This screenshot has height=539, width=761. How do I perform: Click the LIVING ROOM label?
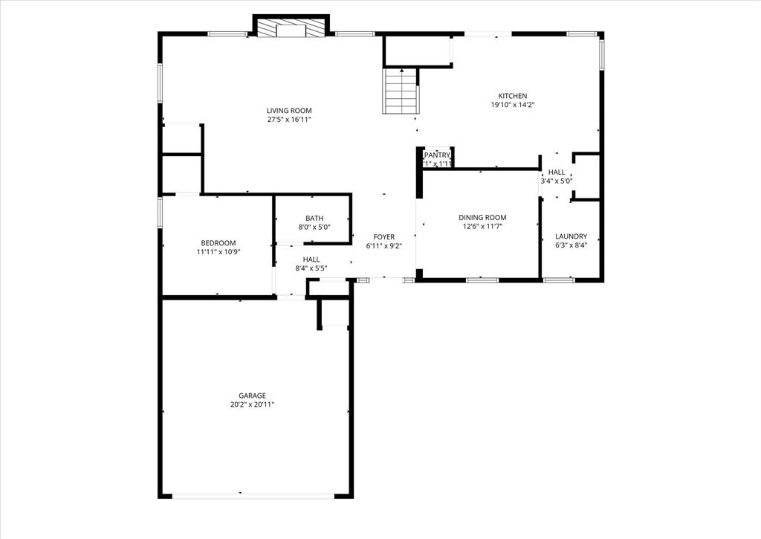click(289, 111)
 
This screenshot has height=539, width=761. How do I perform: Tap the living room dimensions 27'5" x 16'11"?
click(289, 119)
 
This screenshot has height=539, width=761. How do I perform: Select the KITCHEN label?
click(513, 96)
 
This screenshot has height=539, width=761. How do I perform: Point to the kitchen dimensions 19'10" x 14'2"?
click(513, 105)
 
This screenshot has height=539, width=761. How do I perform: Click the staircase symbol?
click(401, 91)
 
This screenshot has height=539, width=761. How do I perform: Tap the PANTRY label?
click(437, 155)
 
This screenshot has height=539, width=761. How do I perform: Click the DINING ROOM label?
click(482, 218)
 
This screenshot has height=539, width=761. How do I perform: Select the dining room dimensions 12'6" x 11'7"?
click(482, 226)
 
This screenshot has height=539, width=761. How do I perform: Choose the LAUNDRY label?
click(571, 236)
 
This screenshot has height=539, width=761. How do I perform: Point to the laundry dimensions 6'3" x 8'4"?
click(571, 245)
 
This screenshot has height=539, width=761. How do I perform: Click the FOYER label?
click(384, 236)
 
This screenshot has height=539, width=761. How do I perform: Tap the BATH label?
click(314, 219)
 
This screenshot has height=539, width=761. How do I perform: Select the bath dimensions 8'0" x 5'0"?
click(314, 227)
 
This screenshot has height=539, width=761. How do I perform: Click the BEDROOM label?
click(218, 243)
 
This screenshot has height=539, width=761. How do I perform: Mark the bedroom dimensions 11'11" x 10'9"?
click(218, 252)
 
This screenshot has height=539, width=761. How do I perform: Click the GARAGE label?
click(252, 396)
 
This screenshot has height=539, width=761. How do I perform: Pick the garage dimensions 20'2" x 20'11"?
click(252, 404)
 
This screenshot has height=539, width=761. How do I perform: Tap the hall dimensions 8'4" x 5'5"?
click(311, 268)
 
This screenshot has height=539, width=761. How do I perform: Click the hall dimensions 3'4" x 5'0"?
click(557, 181)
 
